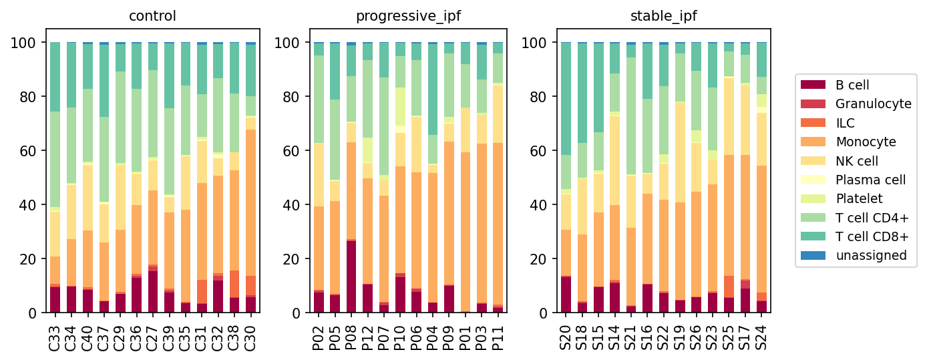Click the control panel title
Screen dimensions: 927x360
152,16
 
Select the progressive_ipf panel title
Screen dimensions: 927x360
408,17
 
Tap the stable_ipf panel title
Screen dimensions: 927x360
663,17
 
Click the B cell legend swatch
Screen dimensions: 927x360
813,85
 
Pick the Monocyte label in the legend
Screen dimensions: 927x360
866,142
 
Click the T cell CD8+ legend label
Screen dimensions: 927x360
872,236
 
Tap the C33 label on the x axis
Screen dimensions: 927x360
55,338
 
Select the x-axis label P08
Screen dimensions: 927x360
351,338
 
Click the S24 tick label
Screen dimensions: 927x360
761,338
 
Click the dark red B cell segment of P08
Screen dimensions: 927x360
351,277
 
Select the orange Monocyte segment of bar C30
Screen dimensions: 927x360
250,203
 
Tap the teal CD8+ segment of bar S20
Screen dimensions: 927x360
566,99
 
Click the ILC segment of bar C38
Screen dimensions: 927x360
234,284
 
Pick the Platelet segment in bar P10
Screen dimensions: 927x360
400,106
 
